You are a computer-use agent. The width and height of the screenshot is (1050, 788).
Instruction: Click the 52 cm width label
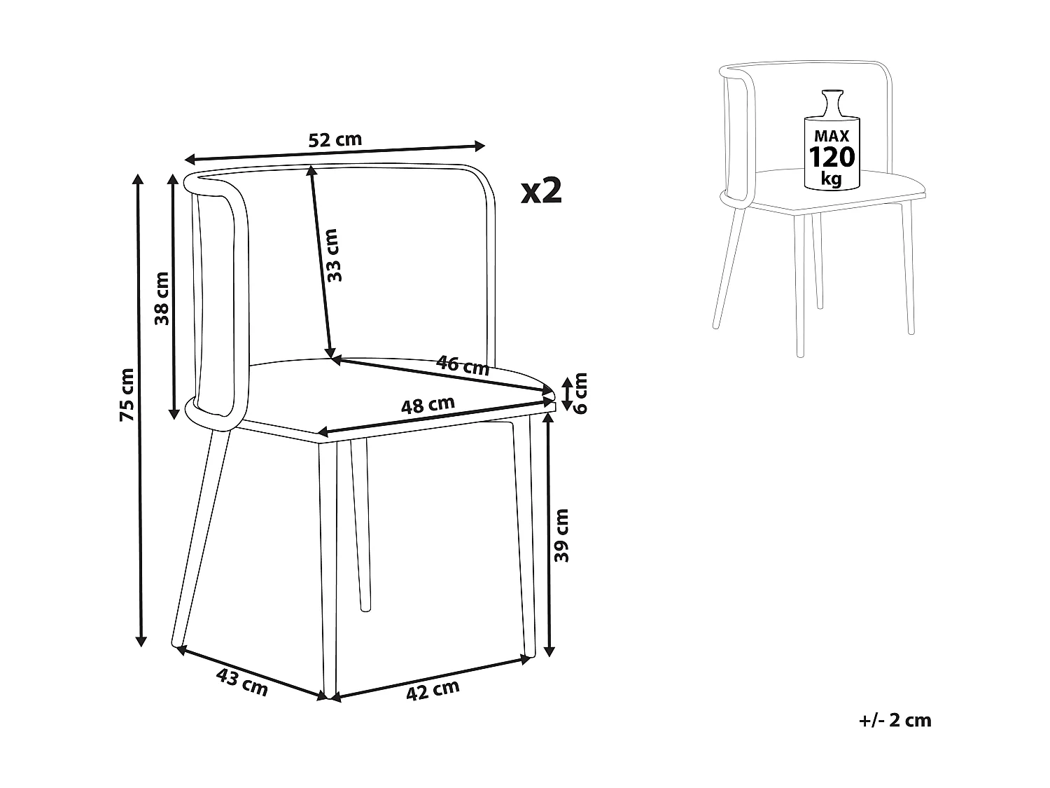[x=335, y=139]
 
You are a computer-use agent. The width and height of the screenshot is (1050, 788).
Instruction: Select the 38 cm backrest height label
[x=162, y=298]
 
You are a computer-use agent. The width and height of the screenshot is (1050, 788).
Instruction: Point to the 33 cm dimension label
[x=335, y=255]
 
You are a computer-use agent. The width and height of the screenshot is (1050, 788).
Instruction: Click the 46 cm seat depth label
[x=463, y=365]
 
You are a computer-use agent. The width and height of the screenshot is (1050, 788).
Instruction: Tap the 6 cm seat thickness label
[x=580, y=393]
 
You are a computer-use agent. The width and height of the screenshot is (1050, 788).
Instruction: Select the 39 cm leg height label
[x=562, y=536]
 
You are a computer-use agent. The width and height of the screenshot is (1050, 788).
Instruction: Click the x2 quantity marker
[x=542, y=191]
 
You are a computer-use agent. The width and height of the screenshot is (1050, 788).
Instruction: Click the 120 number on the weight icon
[x=832, y=156]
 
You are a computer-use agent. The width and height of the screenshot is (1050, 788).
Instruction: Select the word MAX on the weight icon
[x=832, y=136]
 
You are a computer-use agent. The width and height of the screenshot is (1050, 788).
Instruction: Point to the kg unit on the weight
[x=832, y=179]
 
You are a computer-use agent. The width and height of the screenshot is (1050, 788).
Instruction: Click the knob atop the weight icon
[x=832, y=97]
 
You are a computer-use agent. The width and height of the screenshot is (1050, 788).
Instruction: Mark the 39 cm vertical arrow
[x=549, y=536]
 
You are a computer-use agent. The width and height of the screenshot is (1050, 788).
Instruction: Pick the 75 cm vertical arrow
[x=140, y=410]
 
